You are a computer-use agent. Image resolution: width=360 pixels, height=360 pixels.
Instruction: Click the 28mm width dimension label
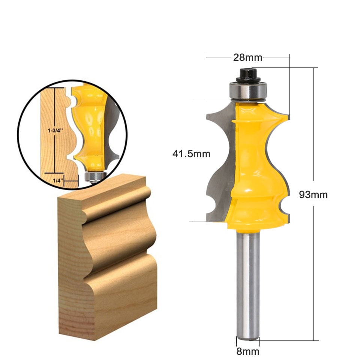tap(247, 57)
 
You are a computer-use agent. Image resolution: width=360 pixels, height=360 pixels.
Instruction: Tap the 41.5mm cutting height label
tap(191, 154)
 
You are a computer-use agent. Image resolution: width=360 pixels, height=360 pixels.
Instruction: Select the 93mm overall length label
tap(313, 195)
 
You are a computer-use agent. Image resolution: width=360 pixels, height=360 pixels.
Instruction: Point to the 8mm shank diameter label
tap(248, 351)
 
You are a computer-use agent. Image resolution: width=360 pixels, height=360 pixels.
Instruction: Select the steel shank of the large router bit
tap(248, 285)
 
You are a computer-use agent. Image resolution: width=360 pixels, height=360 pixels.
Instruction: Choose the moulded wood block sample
tap(109, 255)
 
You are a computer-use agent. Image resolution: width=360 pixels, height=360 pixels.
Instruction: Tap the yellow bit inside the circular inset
tap(90, 127)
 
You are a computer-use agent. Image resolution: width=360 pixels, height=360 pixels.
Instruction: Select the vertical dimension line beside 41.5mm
tap(193, 187)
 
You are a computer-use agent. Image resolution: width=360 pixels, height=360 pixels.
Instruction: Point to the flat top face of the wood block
tap(101, 191)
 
